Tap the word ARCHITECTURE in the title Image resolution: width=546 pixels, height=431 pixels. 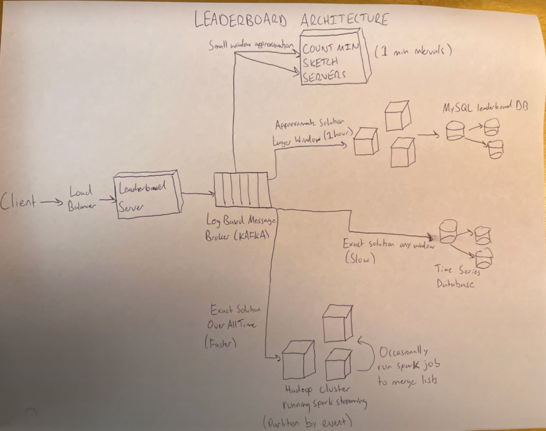[x=345, y=19]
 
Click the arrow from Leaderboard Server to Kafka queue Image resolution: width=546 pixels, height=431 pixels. [x=198, y=194]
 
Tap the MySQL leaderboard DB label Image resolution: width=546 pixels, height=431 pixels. [x=485, y=107]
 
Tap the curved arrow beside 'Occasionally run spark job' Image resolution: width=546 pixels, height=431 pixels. [x=367, y=353]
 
